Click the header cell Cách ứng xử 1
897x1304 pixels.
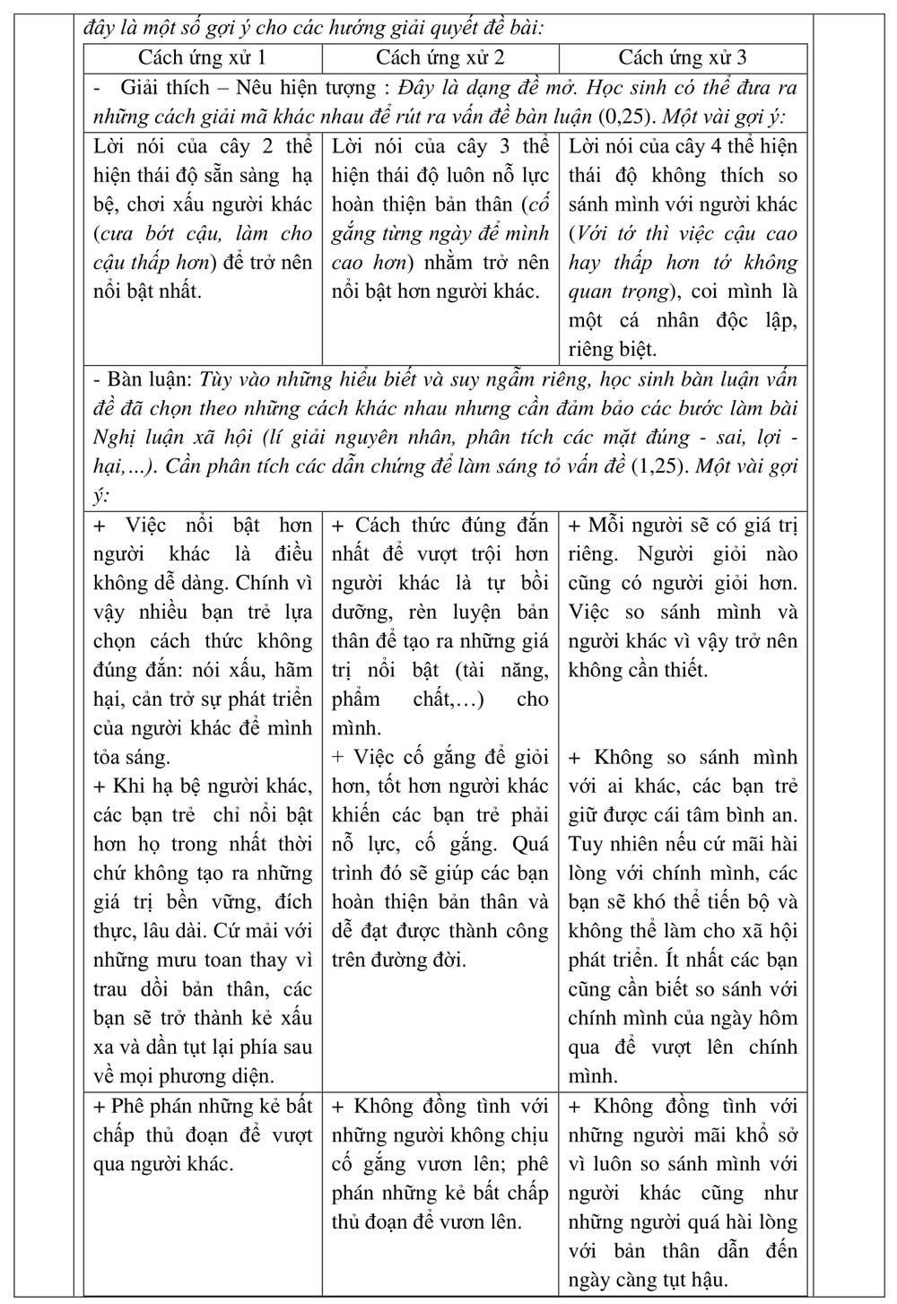click(202, 58)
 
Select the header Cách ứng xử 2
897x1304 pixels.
click(440, 58)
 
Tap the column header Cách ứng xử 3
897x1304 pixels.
click(682, 58)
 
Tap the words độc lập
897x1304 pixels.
click(762, 321)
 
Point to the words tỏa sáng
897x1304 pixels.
click(131, 757)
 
